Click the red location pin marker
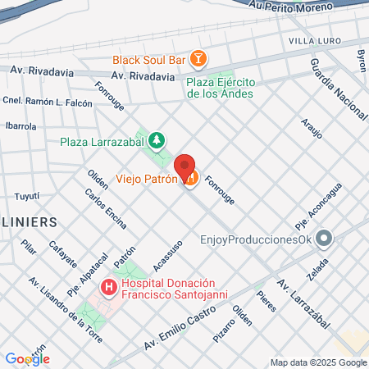pos(185,166)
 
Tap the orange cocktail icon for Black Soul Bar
pos(198,58)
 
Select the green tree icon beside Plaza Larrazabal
pos(157,139)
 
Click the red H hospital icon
pos(107,288)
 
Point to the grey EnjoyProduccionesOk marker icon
pos(325,239)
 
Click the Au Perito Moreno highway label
pos(286,6)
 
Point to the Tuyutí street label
pos(27,196)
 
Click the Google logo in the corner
pos(27,358)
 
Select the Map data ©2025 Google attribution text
pos(319,362)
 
